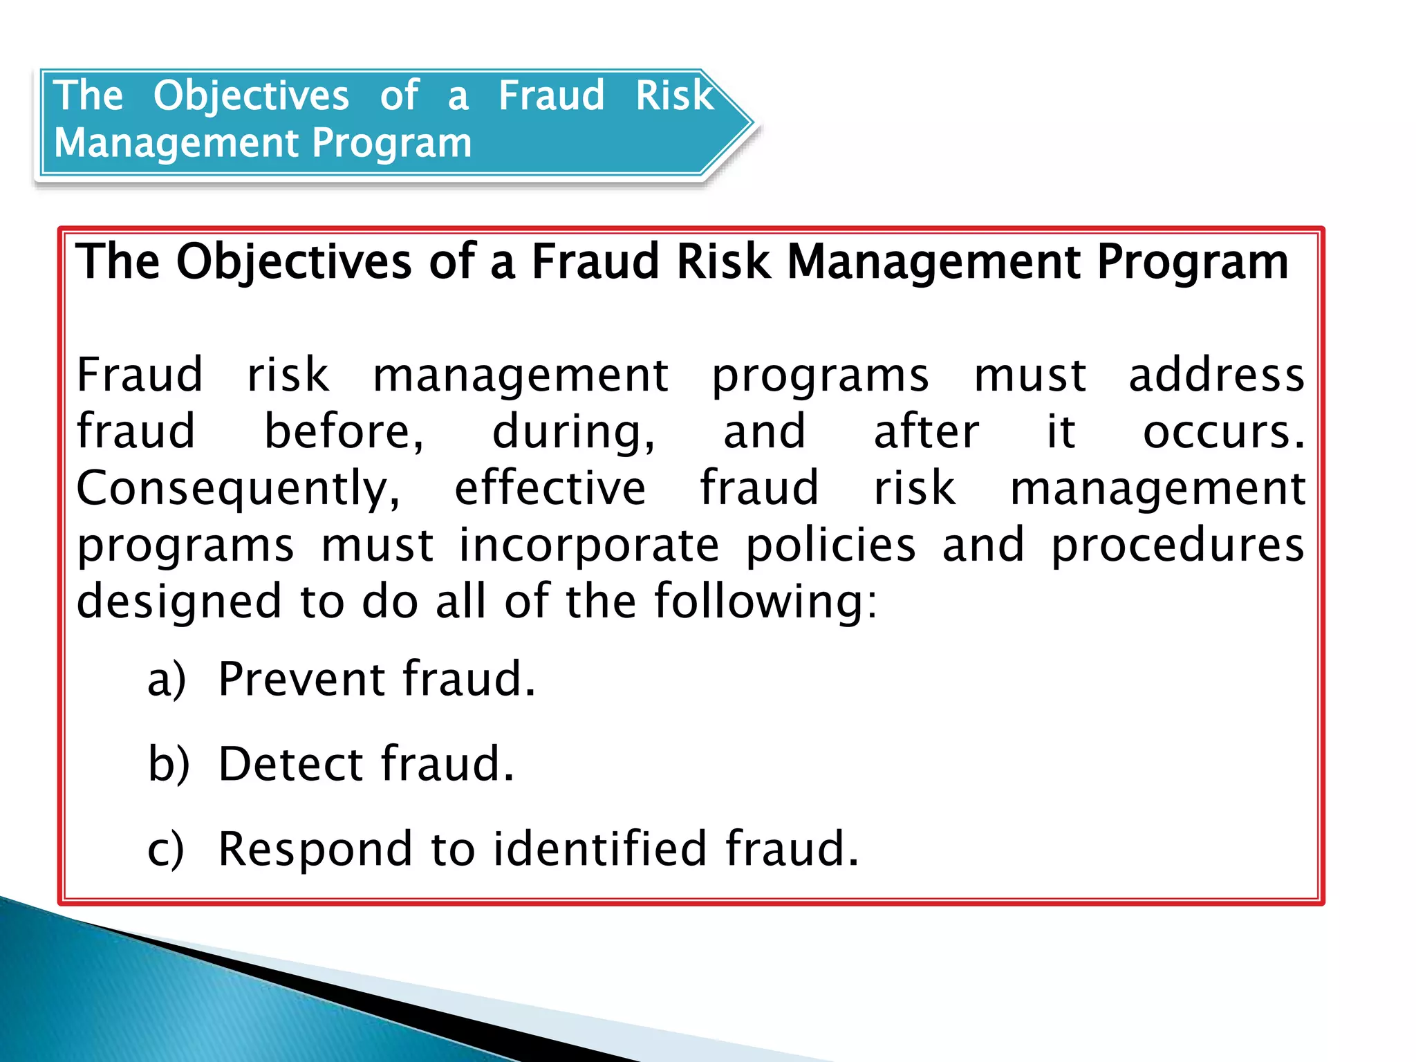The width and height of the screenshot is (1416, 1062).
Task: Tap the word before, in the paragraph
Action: click(x=344, y=431)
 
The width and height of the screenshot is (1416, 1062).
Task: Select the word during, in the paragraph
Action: click(x=573, y=431)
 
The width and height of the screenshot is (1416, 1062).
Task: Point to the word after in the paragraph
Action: click(x=926, y=431)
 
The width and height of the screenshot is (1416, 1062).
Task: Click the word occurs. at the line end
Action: click(x=1223, y=431)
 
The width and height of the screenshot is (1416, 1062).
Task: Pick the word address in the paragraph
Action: click(x=1216, y=375)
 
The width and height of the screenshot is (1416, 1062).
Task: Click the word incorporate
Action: click(x=589, y=545)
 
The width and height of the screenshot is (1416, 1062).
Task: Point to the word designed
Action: click(x=179, y=602)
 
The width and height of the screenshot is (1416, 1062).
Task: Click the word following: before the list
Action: click(x=765, y=602)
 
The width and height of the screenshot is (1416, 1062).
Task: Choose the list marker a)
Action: click(x=167, y=680)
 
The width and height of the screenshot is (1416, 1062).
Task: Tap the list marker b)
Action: click(x=168, y=764)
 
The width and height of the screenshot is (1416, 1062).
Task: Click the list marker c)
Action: click(x=166, y=849)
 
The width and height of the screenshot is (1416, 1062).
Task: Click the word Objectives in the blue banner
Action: click(x=251, y=95)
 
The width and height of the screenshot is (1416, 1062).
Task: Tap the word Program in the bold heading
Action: click(x=1193, y=262)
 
